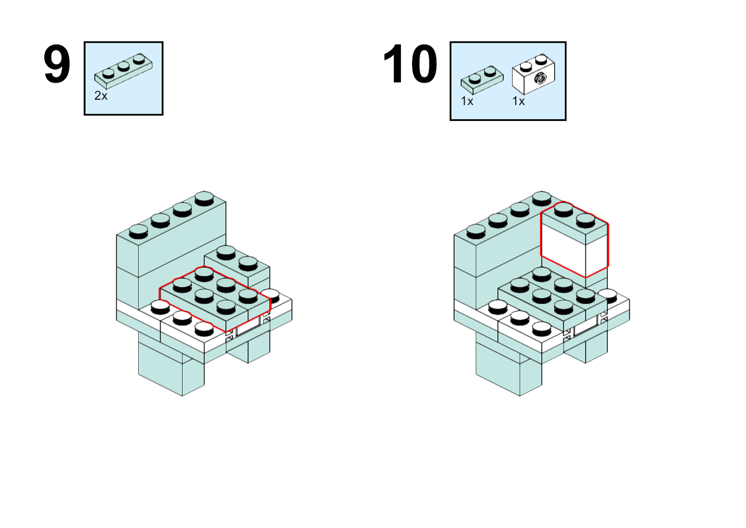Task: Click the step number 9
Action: coord(57,65)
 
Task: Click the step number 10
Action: coord(410,65)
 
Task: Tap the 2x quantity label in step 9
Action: coord(101,96)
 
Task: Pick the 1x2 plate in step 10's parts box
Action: coord(481,79)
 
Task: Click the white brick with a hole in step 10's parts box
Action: coord(533,75)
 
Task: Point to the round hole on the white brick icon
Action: coord(540,78)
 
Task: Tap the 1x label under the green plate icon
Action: coord(467,102)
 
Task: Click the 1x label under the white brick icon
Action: coord(518,102)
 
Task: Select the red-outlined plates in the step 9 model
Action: coord(215,297)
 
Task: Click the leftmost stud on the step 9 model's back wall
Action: coord(138,231)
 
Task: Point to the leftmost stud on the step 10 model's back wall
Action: coord(476,231)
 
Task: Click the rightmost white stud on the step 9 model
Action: coord(270,294)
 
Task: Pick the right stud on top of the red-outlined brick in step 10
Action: coord(585,219)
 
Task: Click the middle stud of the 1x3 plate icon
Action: coord(123,65)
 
